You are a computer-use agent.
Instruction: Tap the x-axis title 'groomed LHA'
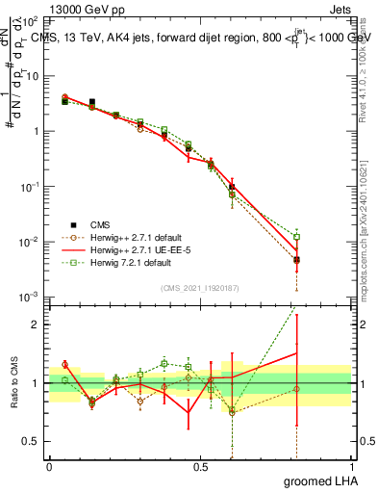pyautogui.click(x=319, y=480)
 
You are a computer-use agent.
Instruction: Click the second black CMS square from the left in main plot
pyautogui.click(x=92, y=102)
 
